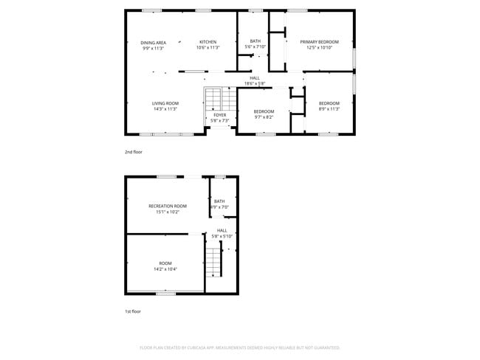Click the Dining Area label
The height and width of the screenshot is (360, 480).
click(x=153, y=43)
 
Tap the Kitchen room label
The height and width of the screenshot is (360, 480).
click(x=208, y=42)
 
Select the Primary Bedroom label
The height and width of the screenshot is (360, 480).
click(x=319, y=42)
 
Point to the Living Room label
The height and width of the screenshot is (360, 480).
click(x=165, y=103)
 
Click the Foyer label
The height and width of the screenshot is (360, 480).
click(x=220, y=115)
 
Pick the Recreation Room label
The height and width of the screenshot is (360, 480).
click(x=168, y=206)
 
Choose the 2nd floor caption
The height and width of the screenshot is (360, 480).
click(x=133, y=152)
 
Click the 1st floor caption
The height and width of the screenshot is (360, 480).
click(x=133, y=311)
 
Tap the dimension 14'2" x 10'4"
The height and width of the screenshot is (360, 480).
click(x=165, y=269)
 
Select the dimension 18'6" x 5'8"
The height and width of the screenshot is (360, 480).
click(x=255, y=83)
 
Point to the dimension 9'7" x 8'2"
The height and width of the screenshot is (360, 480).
click(x=264, y=117)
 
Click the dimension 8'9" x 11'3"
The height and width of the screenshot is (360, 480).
click(x=329, y=108)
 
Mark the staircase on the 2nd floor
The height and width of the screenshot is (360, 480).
click(x=213, y=98)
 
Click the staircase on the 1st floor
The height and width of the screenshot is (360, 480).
click(x=213, y=261)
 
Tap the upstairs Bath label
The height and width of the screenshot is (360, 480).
click(x=256, y=41)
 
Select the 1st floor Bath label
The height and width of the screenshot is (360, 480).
click(x=219, y=201)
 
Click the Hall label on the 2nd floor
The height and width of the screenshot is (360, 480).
click(x=255, y=77)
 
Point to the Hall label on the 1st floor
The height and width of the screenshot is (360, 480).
click(x=222, y=230)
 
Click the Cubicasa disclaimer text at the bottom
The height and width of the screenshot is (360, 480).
click(x=239, y=347)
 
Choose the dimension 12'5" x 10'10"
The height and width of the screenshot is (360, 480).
click(x=319, y=48)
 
